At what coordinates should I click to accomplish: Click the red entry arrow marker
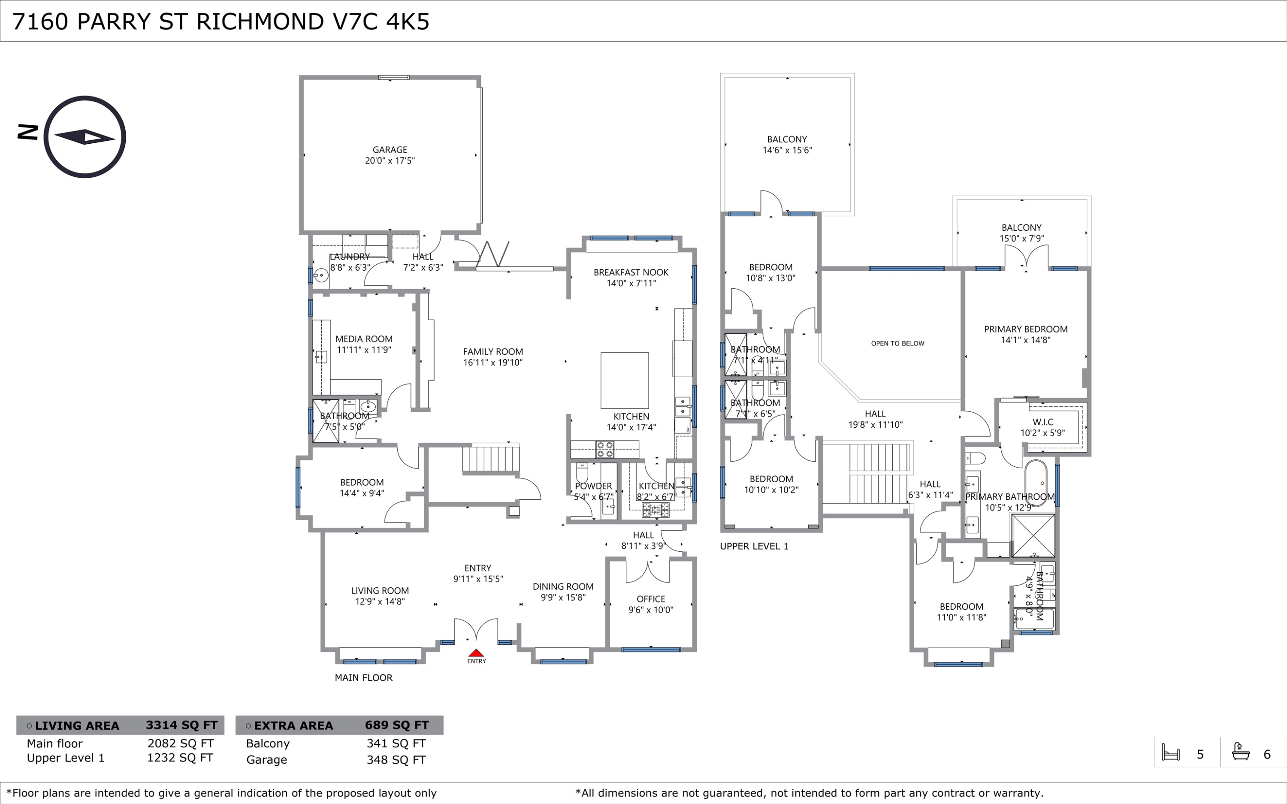coord(476,653)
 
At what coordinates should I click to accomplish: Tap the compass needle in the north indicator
coord(85,137)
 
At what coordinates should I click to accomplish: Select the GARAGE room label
coord(390,150)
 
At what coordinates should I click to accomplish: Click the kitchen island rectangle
coord(625,380)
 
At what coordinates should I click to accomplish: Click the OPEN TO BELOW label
coord(897,344)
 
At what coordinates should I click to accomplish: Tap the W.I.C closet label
coord(1043,422)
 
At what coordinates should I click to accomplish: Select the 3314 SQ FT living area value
coord(182,725)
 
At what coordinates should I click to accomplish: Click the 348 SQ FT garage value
coord(396,760)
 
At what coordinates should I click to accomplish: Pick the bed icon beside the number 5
coord(1171,753)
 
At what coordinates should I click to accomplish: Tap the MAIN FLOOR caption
coord(364,677)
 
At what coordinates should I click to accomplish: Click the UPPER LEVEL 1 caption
coord(754,546)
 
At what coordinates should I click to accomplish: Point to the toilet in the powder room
coord(582,472)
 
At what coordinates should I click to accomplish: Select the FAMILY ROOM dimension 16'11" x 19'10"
coord(493,363)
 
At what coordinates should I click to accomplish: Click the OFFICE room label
coord(651,599)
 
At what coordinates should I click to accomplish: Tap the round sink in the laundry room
coord(320,275)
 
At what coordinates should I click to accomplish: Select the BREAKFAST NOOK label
coord(631,272)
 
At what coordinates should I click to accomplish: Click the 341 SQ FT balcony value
coord(396,744)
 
